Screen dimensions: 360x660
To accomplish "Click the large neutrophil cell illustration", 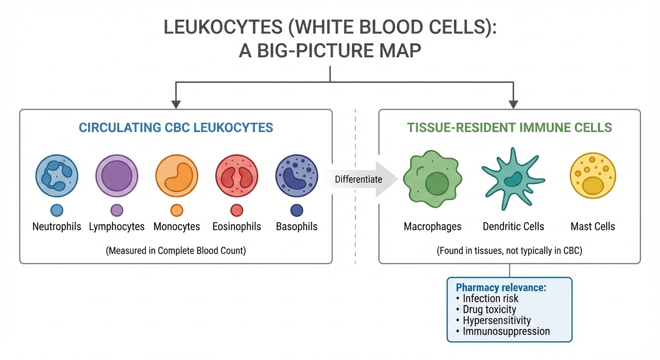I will (x=57, y=175).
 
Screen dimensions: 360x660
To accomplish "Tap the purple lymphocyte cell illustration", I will (x=117, y=175).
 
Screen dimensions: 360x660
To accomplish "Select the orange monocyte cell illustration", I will (x=177, y=175).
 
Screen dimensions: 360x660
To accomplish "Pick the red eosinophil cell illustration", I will (x=237, y=175).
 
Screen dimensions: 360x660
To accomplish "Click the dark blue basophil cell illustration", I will (x=297, y=175).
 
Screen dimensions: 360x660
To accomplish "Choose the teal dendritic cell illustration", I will (x=513, y=179).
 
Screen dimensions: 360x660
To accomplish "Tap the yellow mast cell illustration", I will (x=592, y=176).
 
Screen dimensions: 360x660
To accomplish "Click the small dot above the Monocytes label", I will (x=177, y=210).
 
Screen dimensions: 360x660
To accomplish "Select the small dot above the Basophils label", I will (x=297, y=210).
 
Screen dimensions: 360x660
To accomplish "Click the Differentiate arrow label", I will (x=358, y=179).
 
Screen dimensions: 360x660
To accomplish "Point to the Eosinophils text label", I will (x=237, y=227).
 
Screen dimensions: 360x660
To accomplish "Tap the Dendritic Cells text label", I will (x=513, y=227).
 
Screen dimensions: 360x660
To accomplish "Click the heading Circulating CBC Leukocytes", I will (x=176, y=127).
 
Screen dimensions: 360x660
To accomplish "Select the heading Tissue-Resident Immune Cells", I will (x=509, y=127).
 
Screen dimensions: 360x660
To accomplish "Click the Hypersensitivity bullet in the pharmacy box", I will (x=496, y=321).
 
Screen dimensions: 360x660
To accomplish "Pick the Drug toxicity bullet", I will (x=489, y=309).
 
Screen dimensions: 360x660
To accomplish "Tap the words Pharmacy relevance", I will (x=501, y=287).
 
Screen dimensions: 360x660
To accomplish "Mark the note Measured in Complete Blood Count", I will (x=176, y=250).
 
